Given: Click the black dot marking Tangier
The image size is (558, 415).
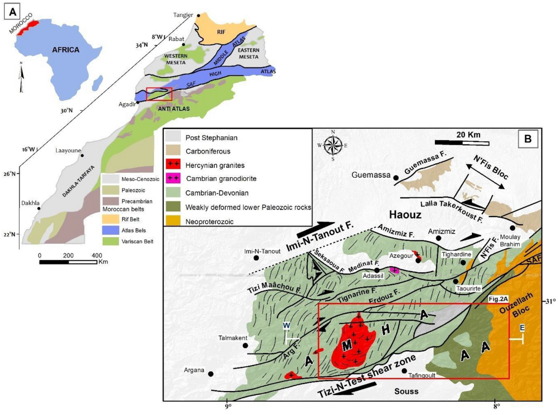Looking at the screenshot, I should (x=199, y=15).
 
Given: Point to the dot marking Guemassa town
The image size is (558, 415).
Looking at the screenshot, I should (x=396, y=178).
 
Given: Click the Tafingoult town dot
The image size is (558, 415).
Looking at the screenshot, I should (x=404, y=370).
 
